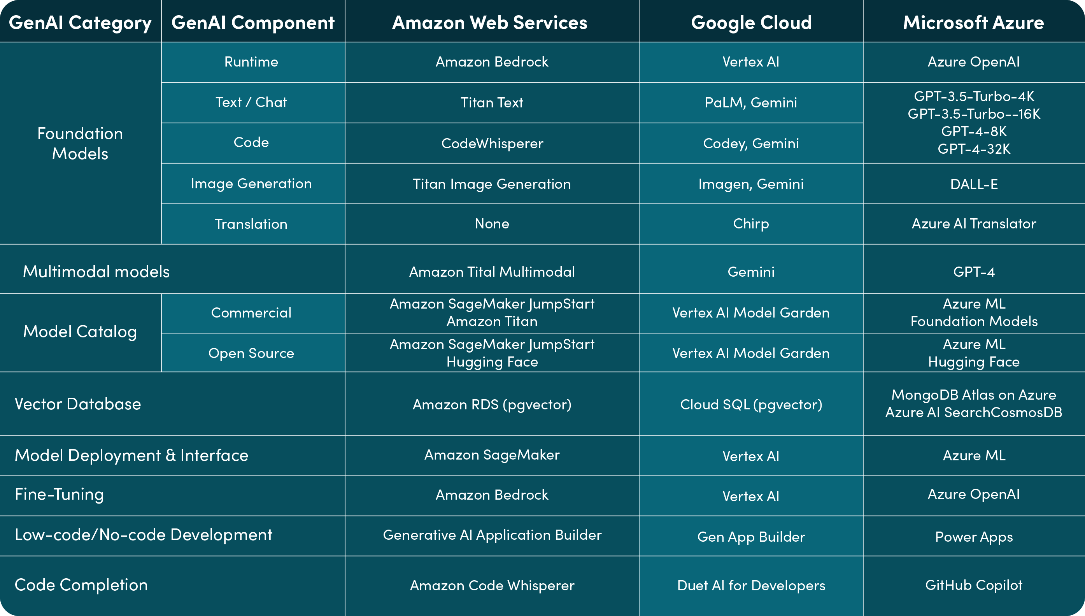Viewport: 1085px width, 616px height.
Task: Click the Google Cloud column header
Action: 751,23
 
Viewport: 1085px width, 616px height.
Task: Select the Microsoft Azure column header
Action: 973,23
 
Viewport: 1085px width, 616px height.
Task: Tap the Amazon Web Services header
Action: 490,23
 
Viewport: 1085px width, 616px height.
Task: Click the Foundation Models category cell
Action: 80,144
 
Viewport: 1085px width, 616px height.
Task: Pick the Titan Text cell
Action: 492,102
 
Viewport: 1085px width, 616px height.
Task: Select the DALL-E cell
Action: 973,184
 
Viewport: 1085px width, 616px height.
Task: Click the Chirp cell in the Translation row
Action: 751,224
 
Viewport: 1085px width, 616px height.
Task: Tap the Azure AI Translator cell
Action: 973,224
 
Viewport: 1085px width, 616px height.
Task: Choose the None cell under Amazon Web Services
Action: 492,224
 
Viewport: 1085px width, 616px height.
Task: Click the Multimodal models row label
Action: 96,272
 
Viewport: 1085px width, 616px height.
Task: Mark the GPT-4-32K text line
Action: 973,149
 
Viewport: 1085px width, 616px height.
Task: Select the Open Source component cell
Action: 251,353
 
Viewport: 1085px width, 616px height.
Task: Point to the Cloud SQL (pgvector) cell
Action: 751,404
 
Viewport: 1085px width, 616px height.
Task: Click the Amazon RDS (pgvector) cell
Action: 492,404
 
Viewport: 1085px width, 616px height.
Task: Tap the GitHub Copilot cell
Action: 973,585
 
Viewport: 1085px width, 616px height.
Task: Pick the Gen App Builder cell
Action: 751,537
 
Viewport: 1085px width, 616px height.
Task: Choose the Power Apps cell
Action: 973,537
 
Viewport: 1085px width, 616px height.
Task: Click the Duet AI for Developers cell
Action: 751,586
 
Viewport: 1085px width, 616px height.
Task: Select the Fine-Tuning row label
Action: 59,495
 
